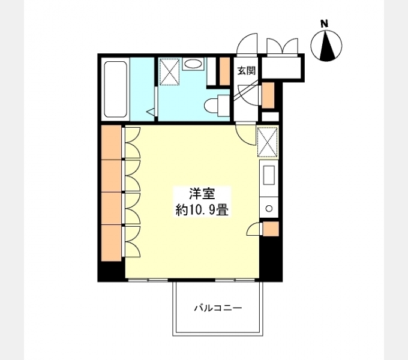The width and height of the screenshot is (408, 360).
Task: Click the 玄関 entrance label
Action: click(x=246, y=70)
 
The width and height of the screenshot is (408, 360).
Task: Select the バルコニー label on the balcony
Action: click(x=217, y=308)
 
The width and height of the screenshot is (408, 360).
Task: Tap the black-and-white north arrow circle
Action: click(x=326, y=46)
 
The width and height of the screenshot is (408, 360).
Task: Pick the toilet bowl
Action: click(x=213, y=106)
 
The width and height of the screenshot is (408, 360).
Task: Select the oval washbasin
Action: click(x=193, y=64)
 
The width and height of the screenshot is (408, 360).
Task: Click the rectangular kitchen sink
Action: click(x=268, y=176)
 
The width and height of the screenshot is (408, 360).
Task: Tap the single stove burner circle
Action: click(x=268, y=208)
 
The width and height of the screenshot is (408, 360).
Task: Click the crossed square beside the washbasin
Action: click(x=170, y=72)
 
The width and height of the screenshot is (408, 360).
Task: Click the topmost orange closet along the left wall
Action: click(x=111, y=142)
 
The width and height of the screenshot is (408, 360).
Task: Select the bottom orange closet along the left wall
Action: click(x=111, y=242)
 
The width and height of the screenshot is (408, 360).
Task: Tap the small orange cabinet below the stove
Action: click(x=271, y=229)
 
